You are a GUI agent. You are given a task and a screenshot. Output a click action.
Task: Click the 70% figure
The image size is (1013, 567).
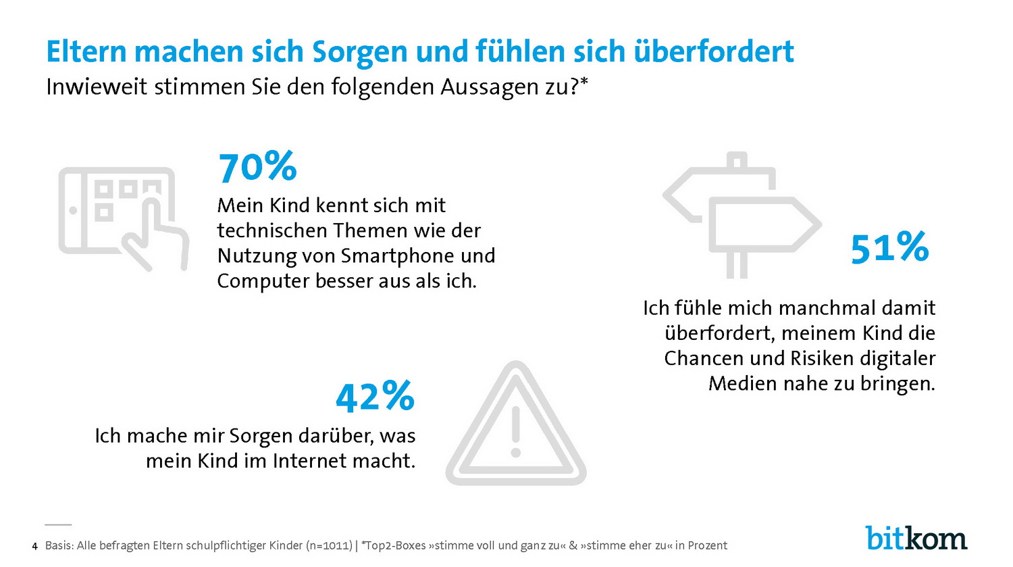click(257, 167)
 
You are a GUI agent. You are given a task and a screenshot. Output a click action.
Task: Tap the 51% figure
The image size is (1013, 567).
click(889, 248)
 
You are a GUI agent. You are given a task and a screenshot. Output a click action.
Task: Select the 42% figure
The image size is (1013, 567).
click(375, 397)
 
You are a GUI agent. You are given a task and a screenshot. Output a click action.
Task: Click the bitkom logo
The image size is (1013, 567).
click(916, 538)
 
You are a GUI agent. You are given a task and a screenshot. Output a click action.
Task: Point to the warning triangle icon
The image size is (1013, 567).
click(516, 426)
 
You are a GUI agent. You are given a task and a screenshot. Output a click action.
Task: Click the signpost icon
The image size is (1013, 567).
click(742, 216)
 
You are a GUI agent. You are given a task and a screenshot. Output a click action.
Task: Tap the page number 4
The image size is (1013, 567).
click(34, 546)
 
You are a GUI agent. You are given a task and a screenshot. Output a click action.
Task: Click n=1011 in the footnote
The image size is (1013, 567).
click(329, 545)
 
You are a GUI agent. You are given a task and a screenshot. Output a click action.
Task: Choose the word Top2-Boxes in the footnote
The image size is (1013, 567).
click(395, 545)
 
